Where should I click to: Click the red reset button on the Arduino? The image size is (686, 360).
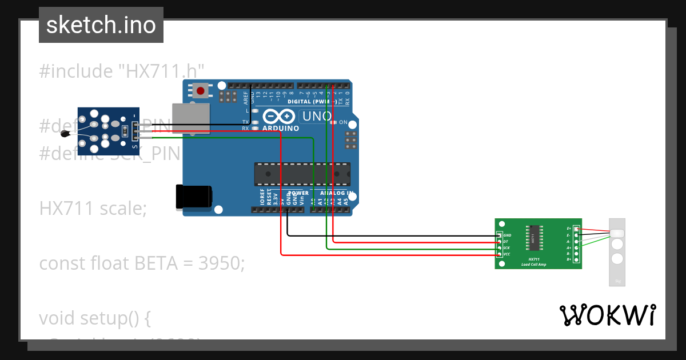point(201,90)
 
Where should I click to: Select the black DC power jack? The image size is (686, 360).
point(194,197)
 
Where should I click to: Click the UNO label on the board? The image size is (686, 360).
point(316,116)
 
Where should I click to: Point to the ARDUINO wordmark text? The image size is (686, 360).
point(281,129)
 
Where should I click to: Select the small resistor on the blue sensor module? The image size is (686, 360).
point(125,131)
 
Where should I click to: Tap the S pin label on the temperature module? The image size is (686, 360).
point(135,147)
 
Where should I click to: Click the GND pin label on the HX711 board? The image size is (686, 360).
point(507,235)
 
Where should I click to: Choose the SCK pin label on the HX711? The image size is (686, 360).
point(506,248)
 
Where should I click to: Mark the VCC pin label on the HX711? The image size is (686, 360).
point(506,254)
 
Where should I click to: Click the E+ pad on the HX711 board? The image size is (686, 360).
point(576,229)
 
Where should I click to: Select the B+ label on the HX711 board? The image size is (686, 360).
point(568,259)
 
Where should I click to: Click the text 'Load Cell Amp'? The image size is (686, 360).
point(533,265)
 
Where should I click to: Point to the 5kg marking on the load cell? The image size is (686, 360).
point(617,281)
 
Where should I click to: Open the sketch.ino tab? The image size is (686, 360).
point(101,25)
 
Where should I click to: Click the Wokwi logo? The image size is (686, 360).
point(607,315)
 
